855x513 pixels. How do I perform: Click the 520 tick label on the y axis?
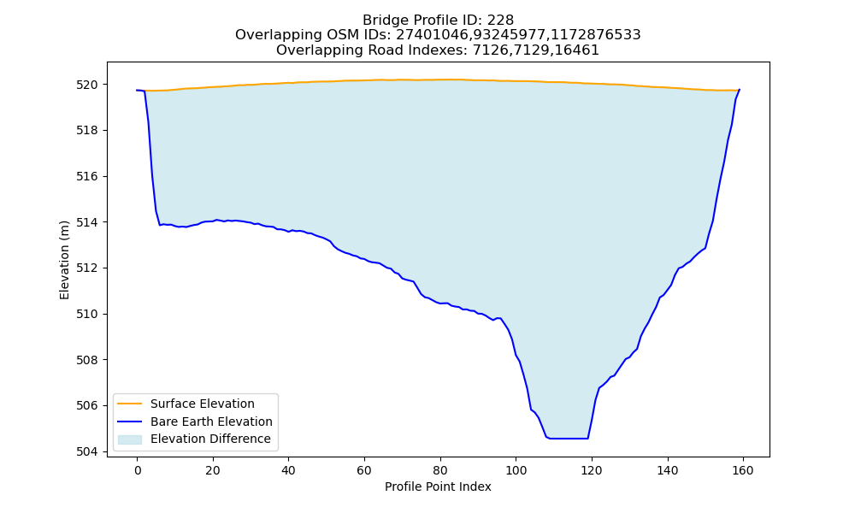86,85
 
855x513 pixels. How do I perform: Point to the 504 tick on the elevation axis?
86,452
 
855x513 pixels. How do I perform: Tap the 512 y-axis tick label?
86,268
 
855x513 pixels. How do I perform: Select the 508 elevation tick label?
86,360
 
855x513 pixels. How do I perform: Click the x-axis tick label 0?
137,470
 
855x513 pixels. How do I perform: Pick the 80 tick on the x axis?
440,470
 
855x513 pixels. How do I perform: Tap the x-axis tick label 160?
743,470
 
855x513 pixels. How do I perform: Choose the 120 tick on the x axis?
591,470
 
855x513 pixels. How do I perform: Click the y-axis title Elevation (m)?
65,260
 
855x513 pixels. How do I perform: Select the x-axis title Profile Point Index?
438,486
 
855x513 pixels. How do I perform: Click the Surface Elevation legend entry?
203,404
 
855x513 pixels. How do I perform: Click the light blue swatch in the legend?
130,439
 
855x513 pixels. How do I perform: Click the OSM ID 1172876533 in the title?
596,35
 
